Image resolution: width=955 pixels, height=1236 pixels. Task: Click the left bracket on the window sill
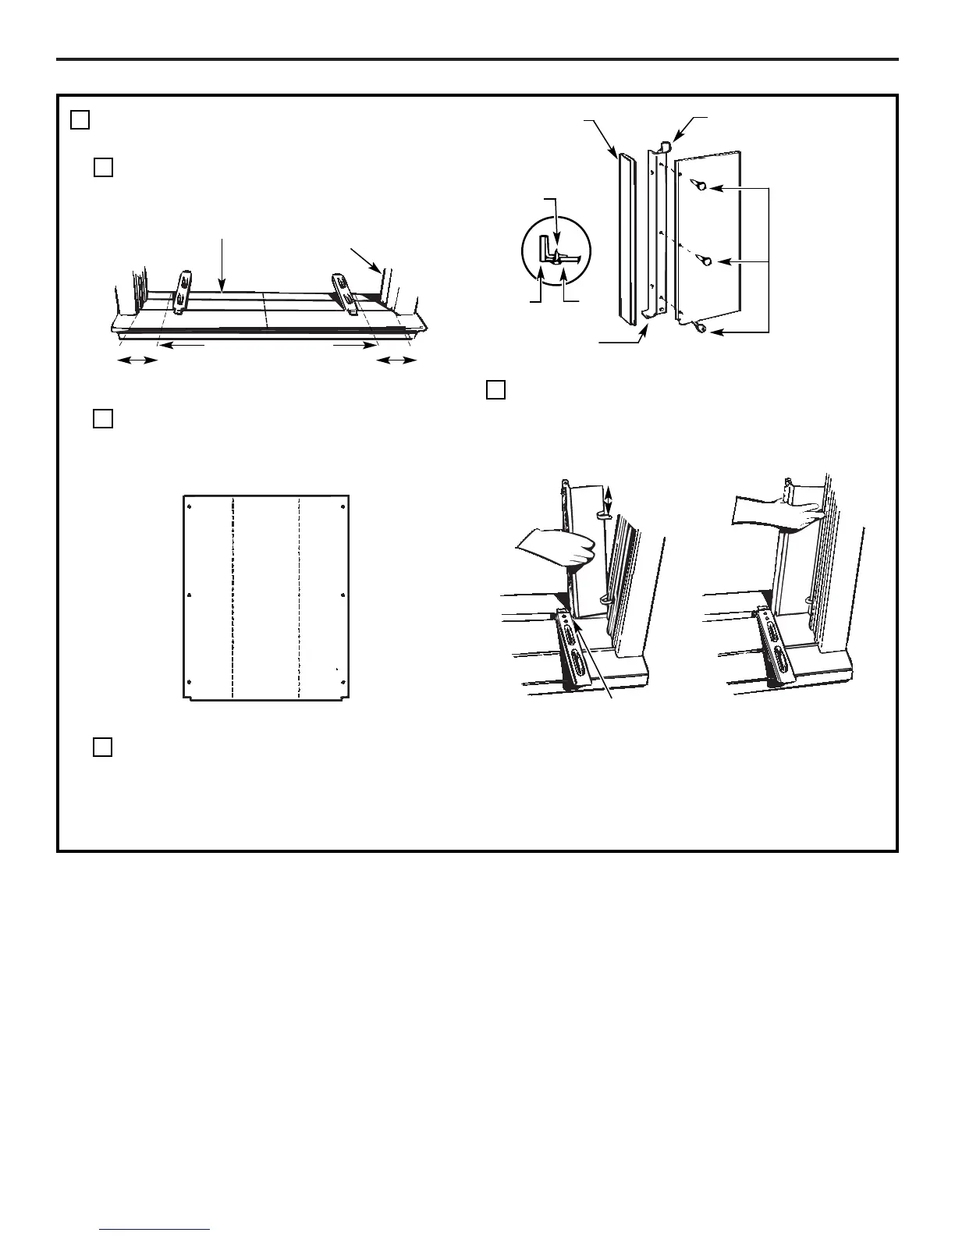pyautogui.click(x=182, y=293)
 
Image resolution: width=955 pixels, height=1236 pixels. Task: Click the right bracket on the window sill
pyautogui.click(x=344, y=293)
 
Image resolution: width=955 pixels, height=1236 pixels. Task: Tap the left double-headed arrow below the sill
pyautogui.click(x=137, y=360)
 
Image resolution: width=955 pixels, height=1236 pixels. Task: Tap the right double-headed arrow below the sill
pyautogui.click(x=396, y=360)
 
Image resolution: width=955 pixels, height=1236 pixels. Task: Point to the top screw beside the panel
pyautogui.click(x=701, y=186)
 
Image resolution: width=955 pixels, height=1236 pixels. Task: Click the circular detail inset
pyautogui.click(x=556, y=251)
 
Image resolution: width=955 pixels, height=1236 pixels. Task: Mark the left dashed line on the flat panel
pyautogui.click(x=233, y=597)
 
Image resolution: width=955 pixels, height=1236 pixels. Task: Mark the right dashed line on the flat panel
pyautogui.click(x=300, y=597)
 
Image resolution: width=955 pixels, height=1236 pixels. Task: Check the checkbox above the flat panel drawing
pyautogui.click(x=103, y=418)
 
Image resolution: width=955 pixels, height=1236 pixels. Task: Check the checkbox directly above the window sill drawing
pyautogui.click(x=103, y=167)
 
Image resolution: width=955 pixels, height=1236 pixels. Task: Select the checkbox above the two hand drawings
pyautogui.click(x=495, y=389)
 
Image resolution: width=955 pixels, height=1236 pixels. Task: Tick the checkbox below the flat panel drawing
pyautogui.click(x=103, y=747)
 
